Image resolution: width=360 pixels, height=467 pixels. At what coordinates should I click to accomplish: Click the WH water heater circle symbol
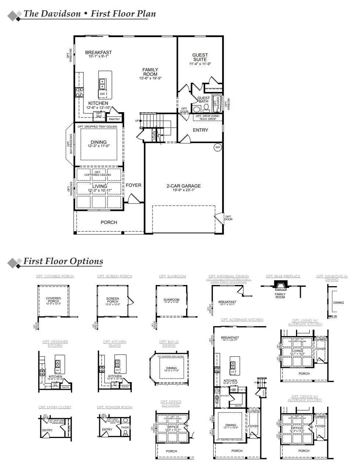click(217, 147)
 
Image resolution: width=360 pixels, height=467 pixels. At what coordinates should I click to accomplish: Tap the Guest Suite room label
click(200, 57)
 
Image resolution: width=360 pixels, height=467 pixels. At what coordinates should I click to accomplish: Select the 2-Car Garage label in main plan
click(183, 186)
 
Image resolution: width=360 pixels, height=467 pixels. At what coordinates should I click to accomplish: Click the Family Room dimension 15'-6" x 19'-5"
click(150, 78)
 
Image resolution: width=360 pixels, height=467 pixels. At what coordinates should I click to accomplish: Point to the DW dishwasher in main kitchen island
click(102, 94)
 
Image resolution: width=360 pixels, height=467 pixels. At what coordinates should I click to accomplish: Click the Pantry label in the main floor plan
click(114, 119)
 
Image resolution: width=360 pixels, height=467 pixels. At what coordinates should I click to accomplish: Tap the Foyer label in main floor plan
click(133, 185)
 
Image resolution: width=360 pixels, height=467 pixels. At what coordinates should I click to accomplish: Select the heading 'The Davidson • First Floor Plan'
click(89, 14)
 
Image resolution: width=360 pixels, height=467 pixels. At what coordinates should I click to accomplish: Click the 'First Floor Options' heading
click(63, 261)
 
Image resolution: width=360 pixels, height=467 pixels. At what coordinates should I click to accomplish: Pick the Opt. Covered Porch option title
click(55, 276)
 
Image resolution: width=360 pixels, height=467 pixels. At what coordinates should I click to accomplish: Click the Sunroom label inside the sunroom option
click(171, 300)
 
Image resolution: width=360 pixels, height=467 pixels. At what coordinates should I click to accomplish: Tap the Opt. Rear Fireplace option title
click(283, 276)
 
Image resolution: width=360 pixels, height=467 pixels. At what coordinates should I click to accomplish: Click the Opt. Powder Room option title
click(115, 407)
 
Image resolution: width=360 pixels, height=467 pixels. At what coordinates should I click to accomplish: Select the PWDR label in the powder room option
click(125, 428)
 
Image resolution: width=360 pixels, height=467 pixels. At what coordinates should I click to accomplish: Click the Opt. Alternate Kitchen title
click(242, 320)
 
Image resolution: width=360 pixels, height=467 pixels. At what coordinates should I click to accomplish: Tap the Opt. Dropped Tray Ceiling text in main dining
click(98, 126)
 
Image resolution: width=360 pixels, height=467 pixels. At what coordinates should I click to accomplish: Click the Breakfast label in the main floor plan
click(98, 53)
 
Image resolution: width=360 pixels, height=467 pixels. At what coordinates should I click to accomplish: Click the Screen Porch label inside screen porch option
click(113, 300)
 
